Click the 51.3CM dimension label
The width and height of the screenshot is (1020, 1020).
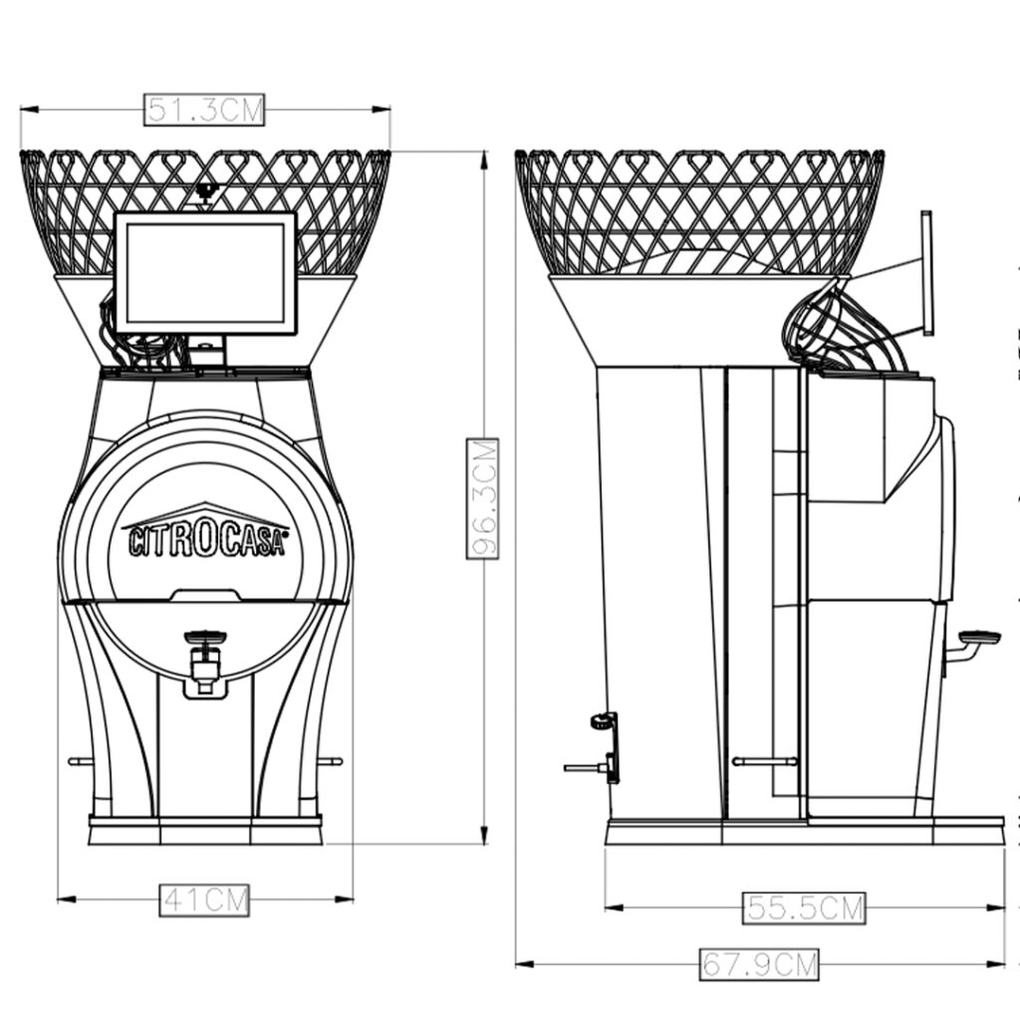[204, 110]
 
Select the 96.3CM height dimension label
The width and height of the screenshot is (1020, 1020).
[483, 499]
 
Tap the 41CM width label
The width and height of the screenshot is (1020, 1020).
[204, 900]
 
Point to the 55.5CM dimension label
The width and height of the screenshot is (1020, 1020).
[804, 908]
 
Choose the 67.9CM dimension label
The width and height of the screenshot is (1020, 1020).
[759, 964]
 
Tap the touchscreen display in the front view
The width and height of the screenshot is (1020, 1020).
[205, 273]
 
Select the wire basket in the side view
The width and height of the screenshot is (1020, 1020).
[699, 212]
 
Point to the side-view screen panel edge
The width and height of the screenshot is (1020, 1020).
[927, 273]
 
